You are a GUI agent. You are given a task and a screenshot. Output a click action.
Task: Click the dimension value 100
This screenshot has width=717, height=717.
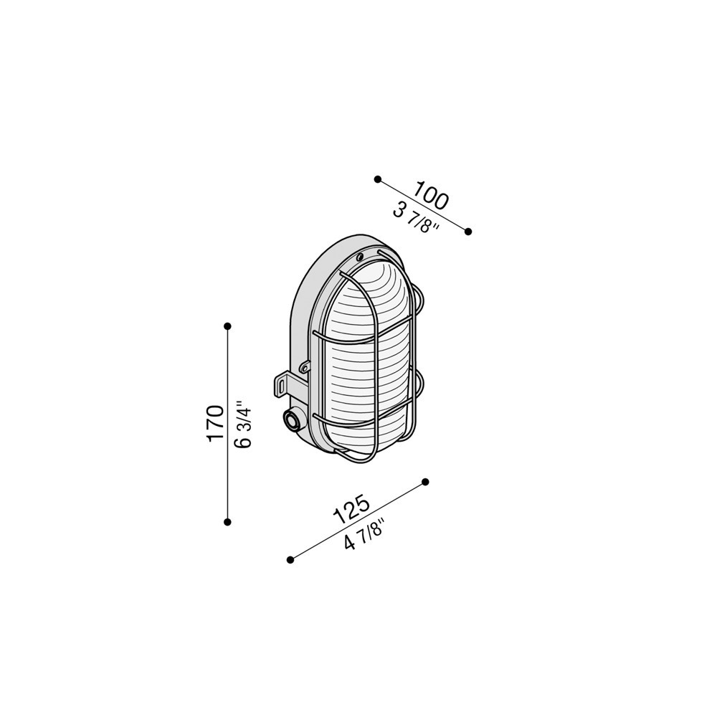(432, 195)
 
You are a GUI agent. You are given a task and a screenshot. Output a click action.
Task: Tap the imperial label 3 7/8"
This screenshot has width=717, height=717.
(416, 218)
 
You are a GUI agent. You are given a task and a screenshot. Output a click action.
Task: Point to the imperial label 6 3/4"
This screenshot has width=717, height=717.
(243, 424)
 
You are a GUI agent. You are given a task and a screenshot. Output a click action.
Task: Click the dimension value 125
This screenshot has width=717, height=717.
(351, 508)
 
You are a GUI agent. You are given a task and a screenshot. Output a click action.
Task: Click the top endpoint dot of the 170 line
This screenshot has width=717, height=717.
(227, 326)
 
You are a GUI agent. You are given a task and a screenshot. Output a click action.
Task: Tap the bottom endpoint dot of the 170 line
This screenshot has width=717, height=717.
(227, 522)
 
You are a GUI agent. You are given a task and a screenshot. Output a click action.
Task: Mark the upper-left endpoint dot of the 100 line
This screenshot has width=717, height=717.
(378, 179)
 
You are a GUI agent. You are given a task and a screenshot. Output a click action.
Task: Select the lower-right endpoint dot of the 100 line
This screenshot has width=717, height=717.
(467, 232)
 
